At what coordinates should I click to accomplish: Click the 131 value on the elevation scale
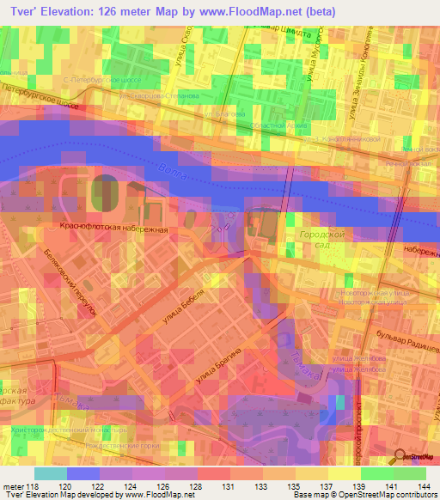(227, 485)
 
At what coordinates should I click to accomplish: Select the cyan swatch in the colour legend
(51, 473)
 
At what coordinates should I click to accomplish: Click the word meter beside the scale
(13, 485)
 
